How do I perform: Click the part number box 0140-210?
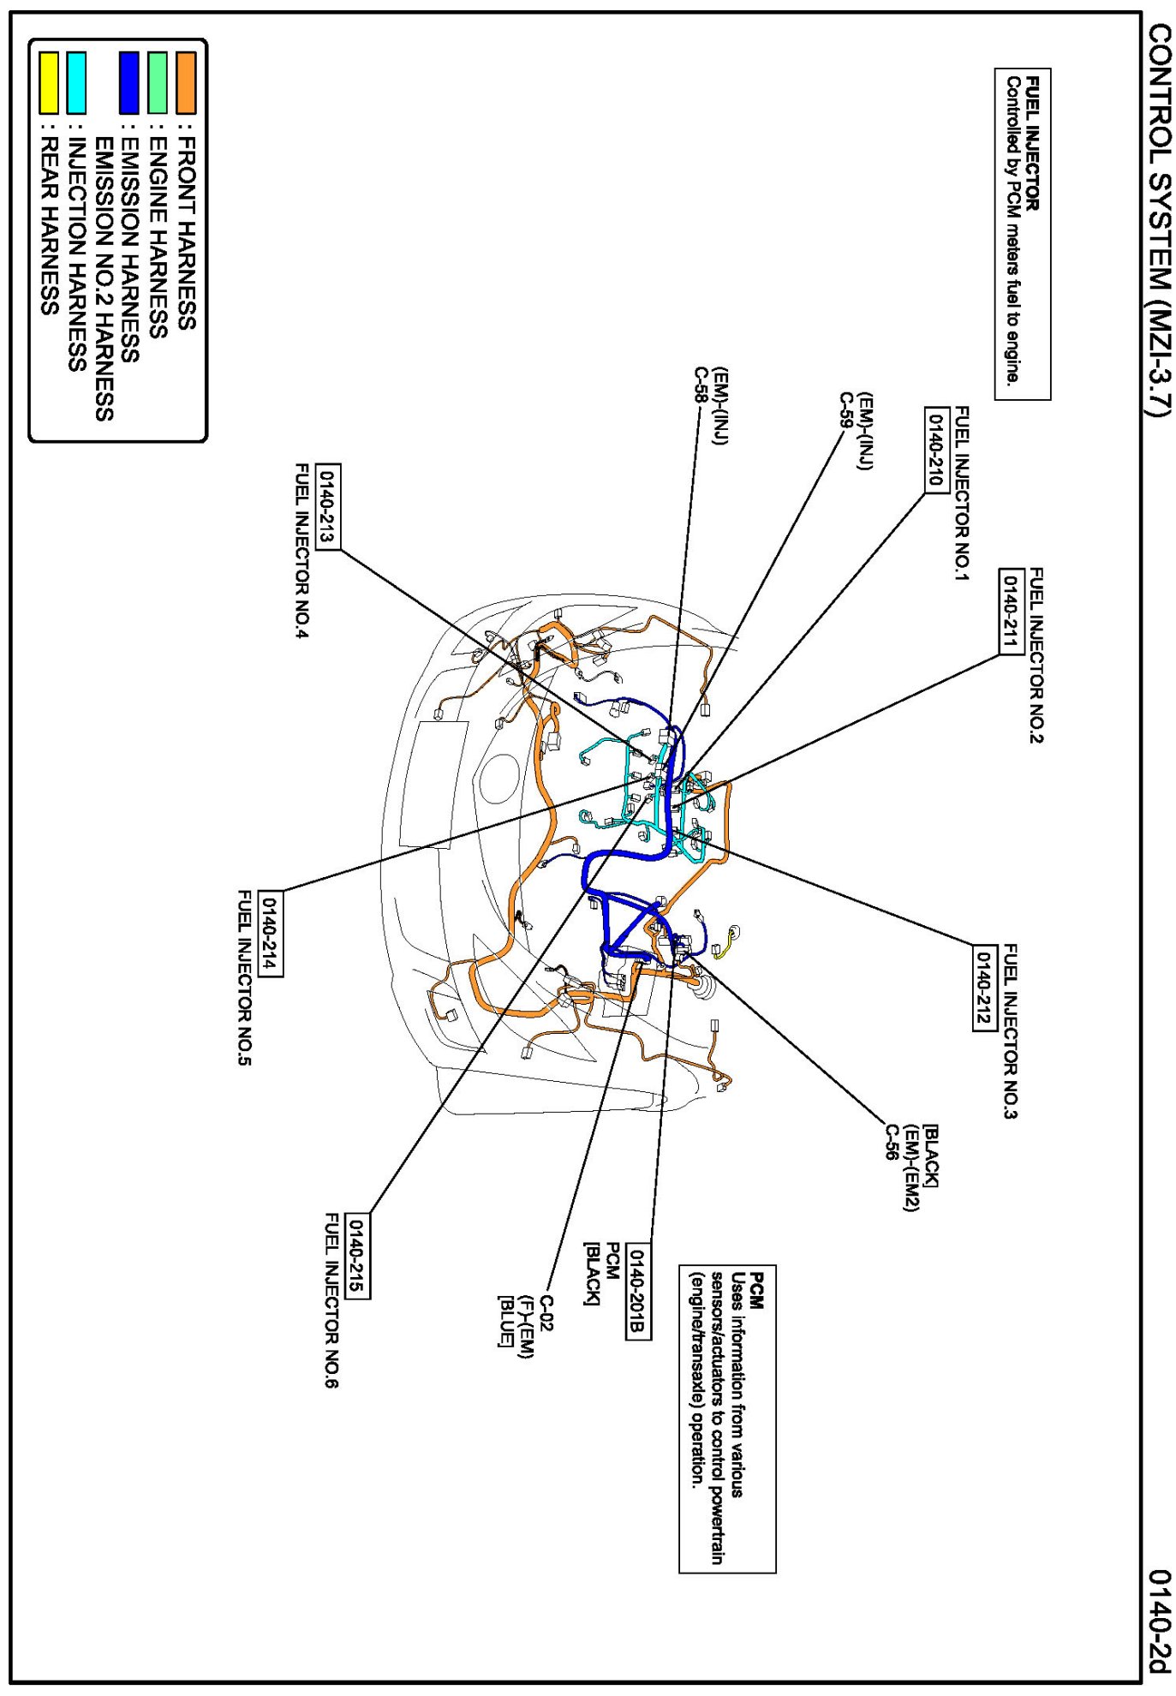tap(935, 449)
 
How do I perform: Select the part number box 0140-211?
tap(1012, 612)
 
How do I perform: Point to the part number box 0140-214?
tap(270, 933)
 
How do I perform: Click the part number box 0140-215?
tap(356, 1256)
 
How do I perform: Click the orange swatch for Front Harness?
tap(186, 83)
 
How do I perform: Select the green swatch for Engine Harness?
tap(158, 83)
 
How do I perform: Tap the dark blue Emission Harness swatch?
tap(129, 83)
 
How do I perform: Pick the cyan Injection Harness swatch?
tap(76, 83)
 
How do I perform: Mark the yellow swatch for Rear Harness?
tap(49, 83)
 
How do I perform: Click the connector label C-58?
tap(700, 385)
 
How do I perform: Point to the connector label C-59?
tap(845, 409)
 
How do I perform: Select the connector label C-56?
tap(892, 1142)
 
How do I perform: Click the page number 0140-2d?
tap(1159, 1621)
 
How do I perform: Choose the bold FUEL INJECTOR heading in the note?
tap(1032, 144)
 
